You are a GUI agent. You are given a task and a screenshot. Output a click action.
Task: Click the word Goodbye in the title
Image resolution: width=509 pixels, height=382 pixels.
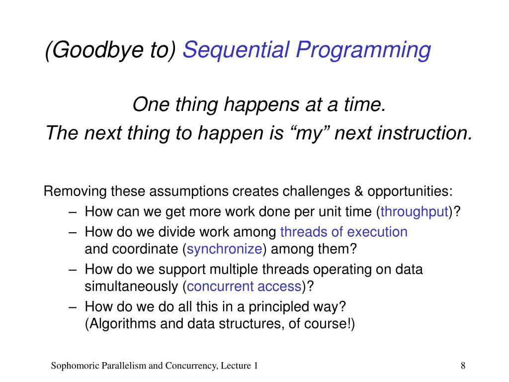click(97, 50)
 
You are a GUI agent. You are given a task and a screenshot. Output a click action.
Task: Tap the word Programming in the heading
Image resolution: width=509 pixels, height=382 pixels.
click(363, 51)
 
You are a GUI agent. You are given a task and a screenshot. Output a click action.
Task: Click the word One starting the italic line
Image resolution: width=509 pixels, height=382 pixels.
click(151, 104)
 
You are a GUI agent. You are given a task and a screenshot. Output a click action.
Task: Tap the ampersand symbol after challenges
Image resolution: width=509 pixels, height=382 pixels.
click(359, 191)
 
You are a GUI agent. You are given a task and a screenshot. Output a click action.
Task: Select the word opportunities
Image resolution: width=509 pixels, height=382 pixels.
click(410, 191)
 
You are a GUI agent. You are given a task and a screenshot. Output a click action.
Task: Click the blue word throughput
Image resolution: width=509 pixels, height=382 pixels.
click(414, 212)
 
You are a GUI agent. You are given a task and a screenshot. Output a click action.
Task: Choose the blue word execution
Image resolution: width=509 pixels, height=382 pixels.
click(377, 232)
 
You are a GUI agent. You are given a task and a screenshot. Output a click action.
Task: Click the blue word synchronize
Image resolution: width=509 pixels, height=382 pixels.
click(224, 249)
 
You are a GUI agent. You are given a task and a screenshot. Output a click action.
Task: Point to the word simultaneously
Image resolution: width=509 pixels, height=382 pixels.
click(131, 286)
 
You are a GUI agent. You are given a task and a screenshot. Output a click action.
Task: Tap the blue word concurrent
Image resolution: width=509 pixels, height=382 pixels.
click(220, 286)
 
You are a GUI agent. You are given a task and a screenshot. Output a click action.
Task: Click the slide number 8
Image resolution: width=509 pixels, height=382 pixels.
click(463, 366)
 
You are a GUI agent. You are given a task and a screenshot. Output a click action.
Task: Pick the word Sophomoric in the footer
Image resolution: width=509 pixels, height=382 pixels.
click(75, 366)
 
